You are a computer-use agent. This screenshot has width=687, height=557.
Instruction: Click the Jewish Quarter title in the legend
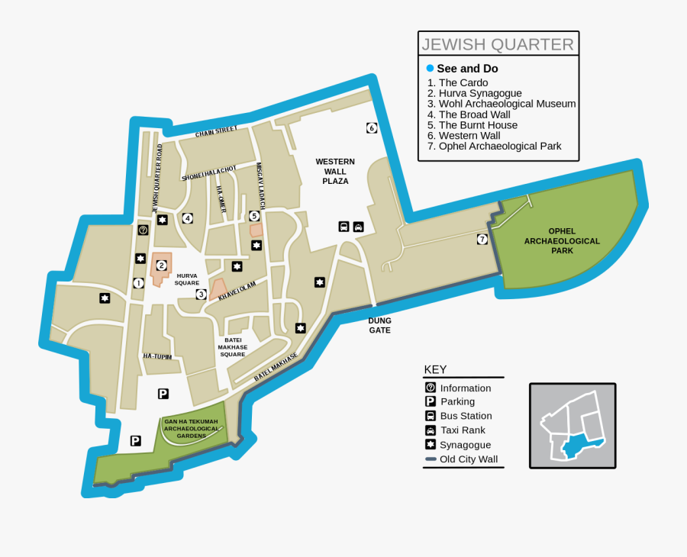(498, 44)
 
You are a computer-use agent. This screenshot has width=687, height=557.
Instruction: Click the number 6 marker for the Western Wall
(372, 128)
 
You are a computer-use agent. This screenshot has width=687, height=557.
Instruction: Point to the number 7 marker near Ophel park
(482, 240)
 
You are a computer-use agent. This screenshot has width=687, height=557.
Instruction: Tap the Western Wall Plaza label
(335, 171)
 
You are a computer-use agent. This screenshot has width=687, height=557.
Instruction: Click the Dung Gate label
(379, 326)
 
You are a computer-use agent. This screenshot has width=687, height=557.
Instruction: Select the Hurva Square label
(187, 278)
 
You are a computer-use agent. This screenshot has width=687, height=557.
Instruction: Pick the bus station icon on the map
(344, 227)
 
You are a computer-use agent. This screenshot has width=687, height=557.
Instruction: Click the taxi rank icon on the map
(359, 227)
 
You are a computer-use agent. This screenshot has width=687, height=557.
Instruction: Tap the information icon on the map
(143, 230)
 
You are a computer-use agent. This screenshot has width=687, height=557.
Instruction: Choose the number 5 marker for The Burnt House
(254, 216)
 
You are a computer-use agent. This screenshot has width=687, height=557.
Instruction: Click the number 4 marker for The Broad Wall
(187, 218)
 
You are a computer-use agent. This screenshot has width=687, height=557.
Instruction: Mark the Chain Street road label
(216, 132)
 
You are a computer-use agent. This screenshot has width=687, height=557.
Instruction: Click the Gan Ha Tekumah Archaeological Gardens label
(191, 429)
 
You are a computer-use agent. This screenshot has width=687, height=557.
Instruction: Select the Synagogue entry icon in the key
(431, 445)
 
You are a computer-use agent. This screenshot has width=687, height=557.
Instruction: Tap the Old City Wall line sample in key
(431, 459)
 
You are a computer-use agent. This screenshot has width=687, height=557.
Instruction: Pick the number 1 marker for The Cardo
(138, 283)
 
